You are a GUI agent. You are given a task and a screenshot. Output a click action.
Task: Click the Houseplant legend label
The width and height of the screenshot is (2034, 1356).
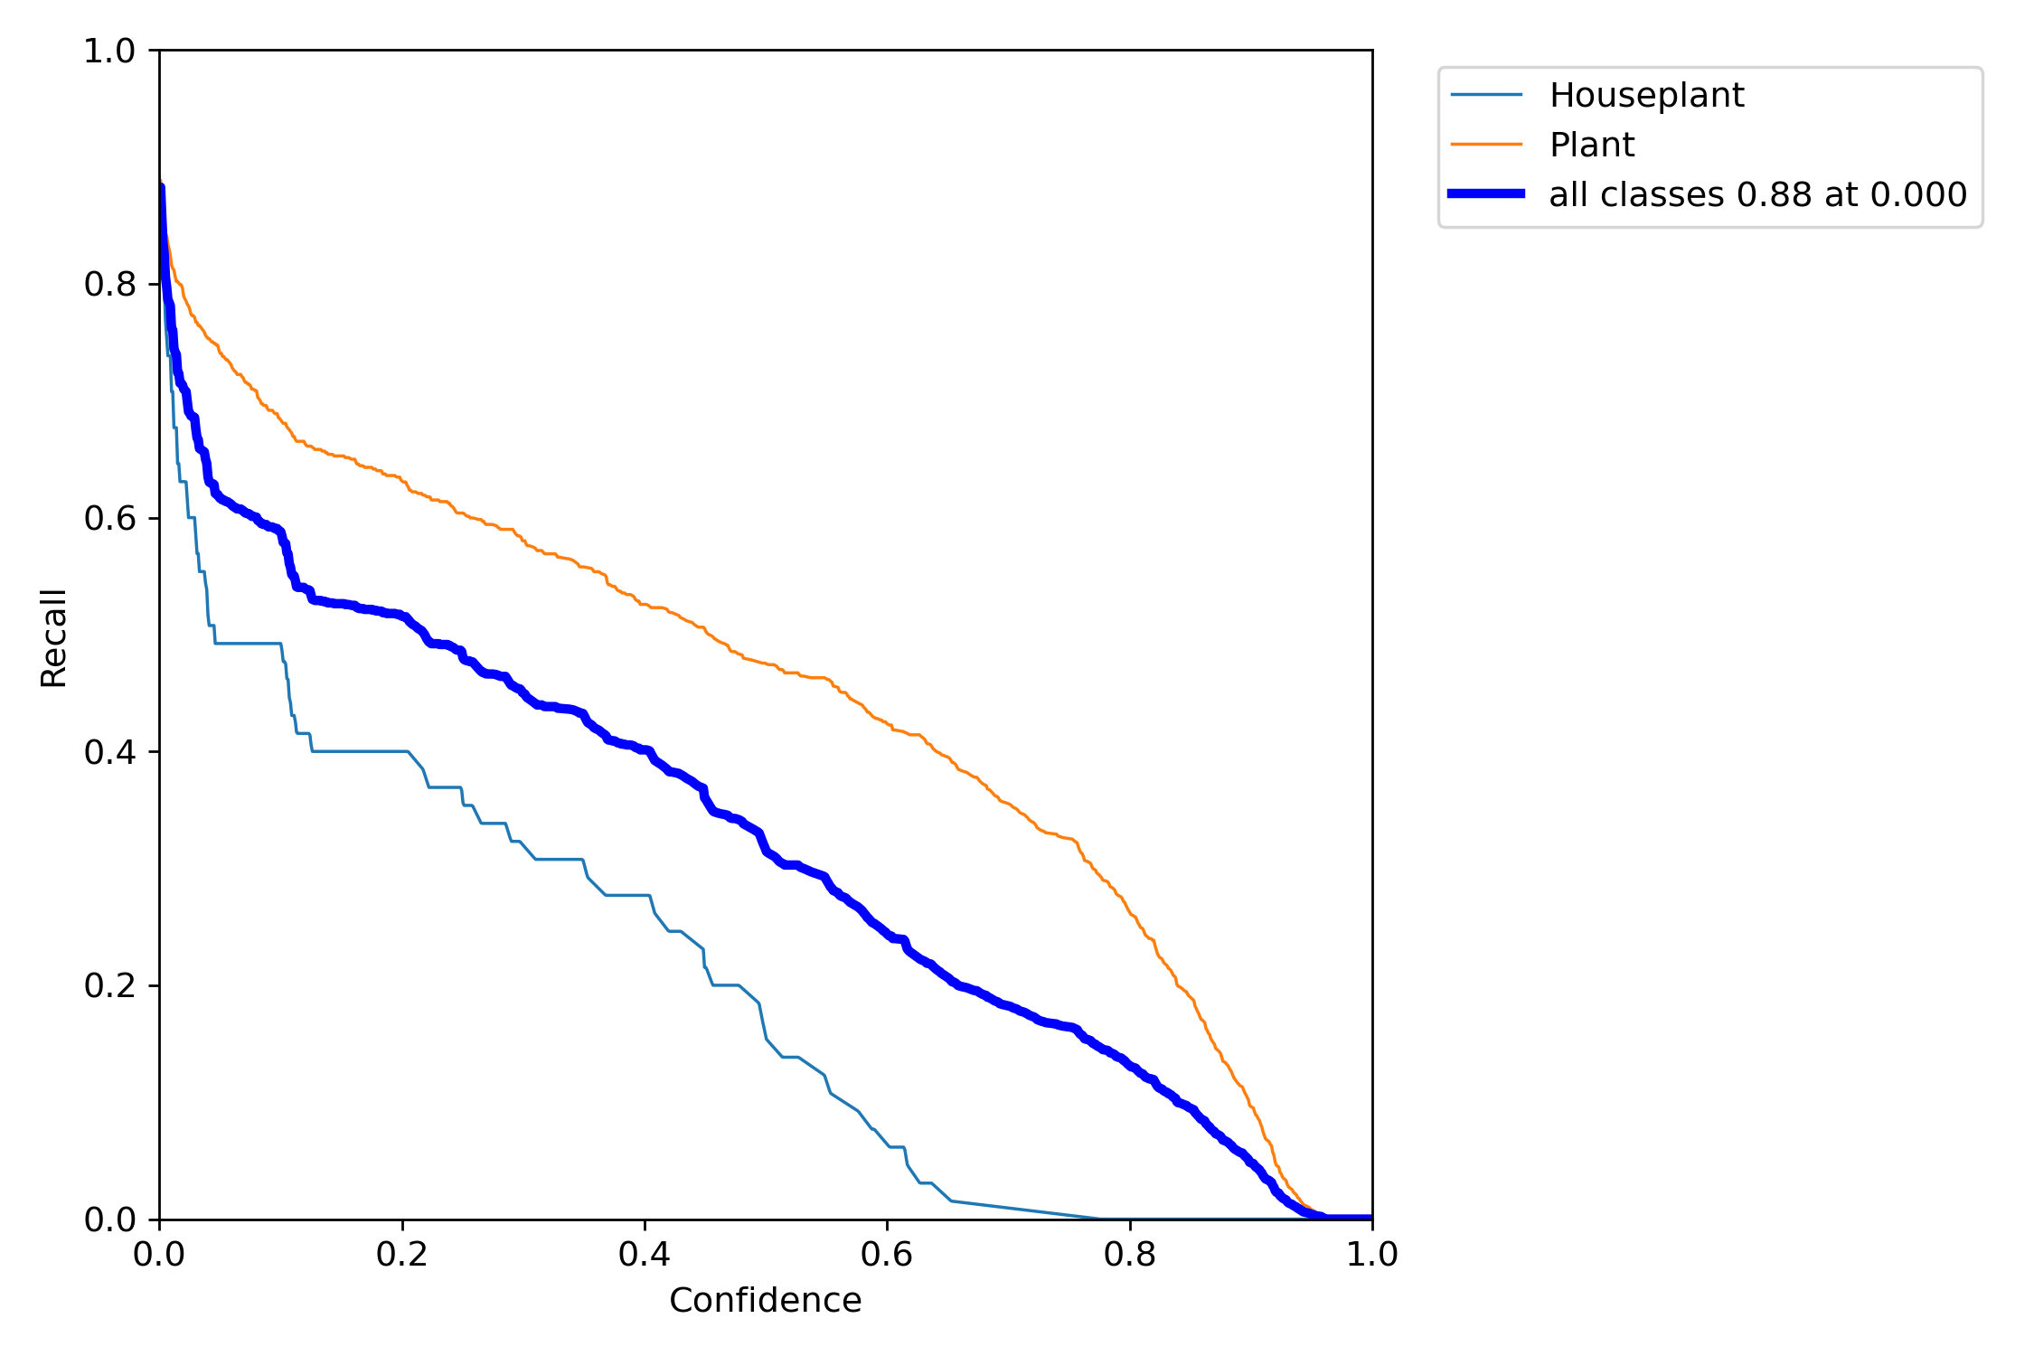(1646, 95)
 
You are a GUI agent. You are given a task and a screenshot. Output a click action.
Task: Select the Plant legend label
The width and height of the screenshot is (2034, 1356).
(1592, 145)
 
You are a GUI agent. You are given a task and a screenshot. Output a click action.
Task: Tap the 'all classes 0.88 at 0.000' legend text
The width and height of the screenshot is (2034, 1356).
(1757, 194)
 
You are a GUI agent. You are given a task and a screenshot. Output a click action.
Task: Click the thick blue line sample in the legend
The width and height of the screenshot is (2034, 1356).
(1486, 193)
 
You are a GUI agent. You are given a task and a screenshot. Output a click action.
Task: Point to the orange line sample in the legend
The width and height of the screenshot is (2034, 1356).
(1486, 145)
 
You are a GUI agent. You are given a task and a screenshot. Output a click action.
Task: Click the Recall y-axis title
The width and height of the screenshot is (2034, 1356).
(54, 638)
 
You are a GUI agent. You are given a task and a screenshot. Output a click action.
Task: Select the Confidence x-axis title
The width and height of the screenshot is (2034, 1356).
(765, 1301)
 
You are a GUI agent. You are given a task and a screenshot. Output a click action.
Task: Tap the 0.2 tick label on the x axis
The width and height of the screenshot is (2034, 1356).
(402, 1255)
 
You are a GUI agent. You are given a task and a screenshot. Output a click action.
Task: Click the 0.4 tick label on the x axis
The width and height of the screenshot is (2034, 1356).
(645, 1255)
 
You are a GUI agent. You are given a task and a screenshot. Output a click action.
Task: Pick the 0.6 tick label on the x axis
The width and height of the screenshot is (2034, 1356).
(887, 1255)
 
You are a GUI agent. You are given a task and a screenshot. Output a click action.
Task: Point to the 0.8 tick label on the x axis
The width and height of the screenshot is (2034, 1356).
(1130, 1255)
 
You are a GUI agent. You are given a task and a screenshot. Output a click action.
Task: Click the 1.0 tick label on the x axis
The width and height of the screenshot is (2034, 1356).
(1371, 1255)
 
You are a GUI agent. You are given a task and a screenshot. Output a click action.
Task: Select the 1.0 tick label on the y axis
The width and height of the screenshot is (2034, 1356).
(109, 52)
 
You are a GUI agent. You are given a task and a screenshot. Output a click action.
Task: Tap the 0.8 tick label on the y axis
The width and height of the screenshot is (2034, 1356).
(109, 285)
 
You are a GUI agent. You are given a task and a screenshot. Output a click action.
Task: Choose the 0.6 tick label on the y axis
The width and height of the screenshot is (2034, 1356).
(109, 519)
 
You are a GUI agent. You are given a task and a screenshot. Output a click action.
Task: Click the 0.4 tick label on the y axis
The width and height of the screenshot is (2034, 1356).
(109, 752)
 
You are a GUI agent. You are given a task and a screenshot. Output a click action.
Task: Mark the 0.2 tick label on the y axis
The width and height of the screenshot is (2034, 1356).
(109, 985)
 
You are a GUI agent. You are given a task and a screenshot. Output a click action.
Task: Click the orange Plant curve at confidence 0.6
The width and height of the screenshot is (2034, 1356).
(887, 723)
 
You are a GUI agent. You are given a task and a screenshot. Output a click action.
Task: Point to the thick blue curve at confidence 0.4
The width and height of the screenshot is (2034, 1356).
(645, 750)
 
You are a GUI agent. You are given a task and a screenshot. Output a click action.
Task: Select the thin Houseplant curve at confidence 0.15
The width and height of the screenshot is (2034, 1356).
(342, 751)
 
